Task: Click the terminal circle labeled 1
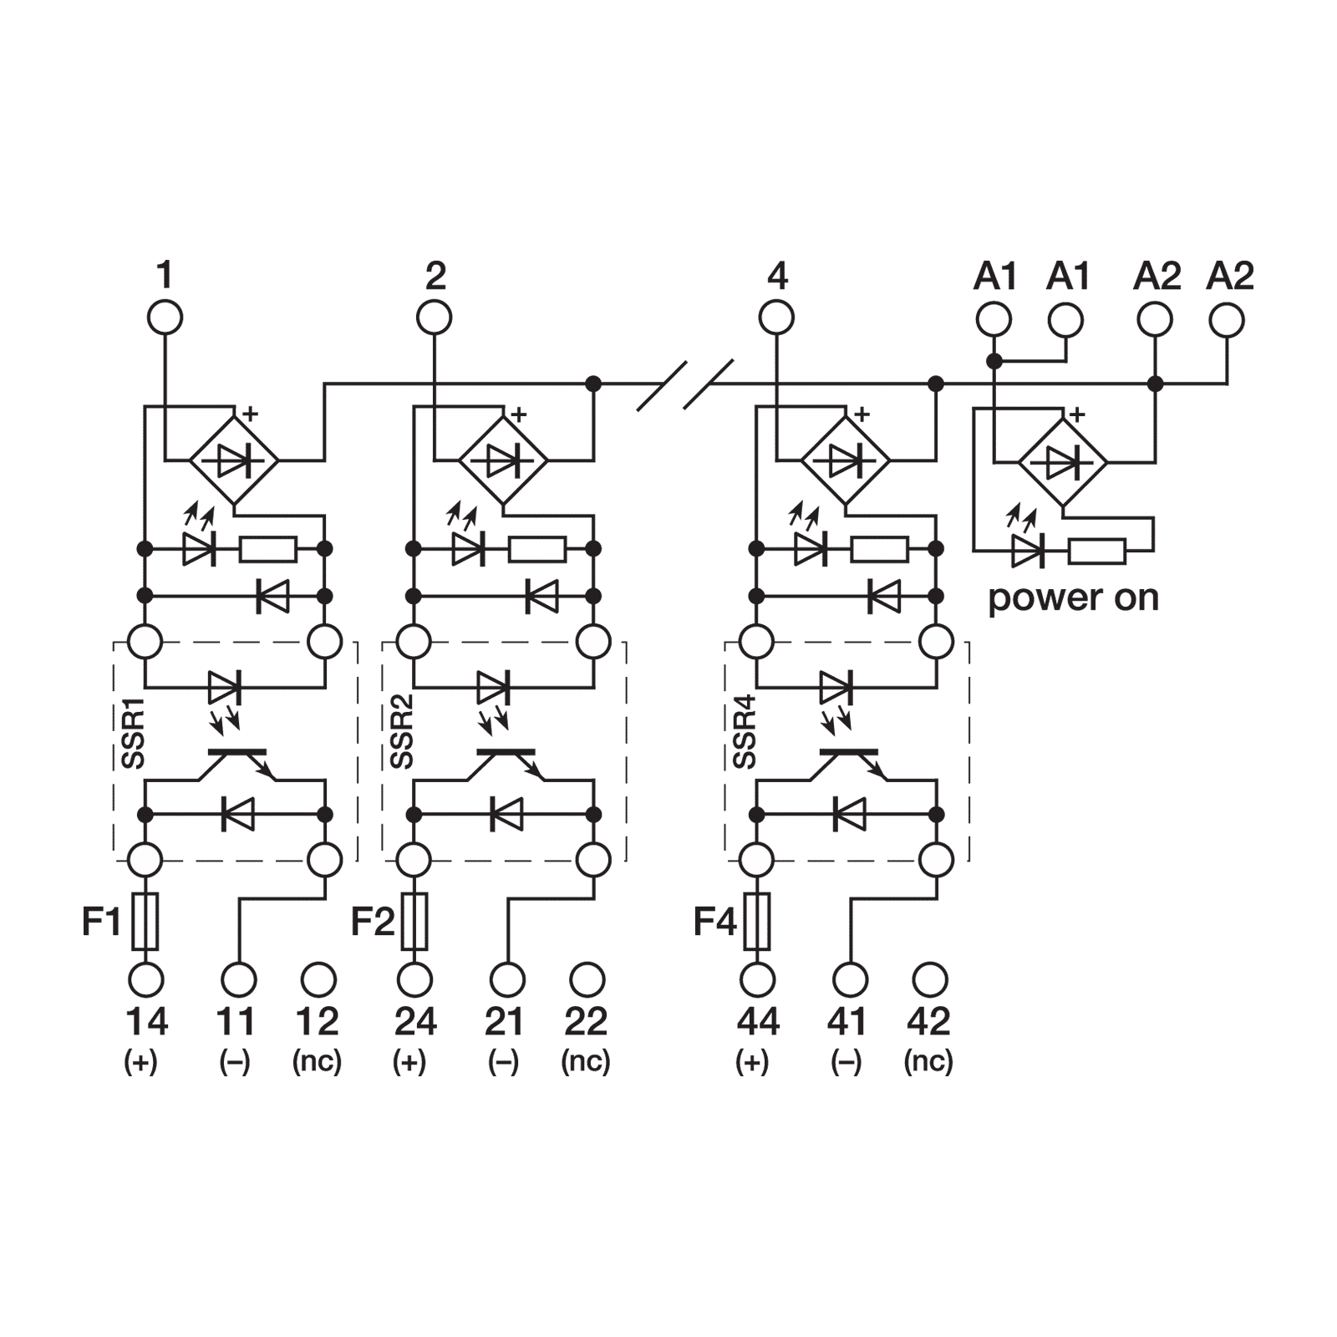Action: (x=165, y=318)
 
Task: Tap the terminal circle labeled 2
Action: (x=435, y=318)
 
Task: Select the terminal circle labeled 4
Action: (x=777, y=318)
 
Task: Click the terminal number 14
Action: (x=146, y=1021)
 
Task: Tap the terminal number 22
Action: (x=587, y=1021)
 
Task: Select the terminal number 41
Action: (x=846, y=1021)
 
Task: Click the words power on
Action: (x=1074, y=598)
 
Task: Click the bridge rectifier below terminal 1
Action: (x=233, y=460)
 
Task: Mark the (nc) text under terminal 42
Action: (x=928, y=1061)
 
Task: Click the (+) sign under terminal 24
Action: (x=409, y=1061)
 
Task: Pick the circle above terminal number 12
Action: (x=318, y=978)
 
